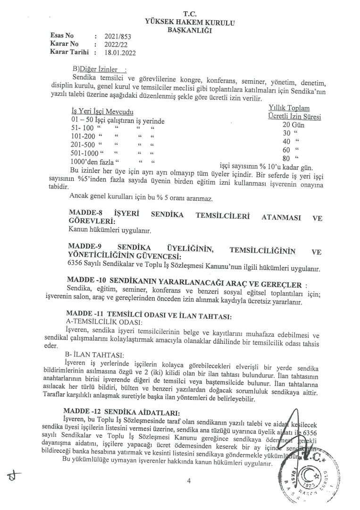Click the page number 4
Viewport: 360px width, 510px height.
188,481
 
